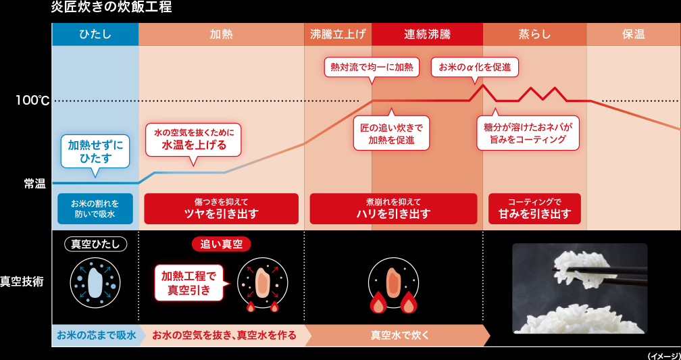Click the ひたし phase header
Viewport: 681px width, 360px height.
pyautogui.click(x=95, y=34)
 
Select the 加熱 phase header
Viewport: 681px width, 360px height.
pyautogui.click(x=221, y=34)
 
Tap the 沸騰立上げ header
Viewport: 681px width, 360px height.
pyautogui.click(x=338, y=34)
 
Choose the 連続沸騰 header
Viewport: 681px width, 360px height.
pyautogui.click(x=427, y=34)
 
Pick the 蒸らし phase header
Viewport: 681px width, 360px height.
pyautogui.click(x=534, y=34)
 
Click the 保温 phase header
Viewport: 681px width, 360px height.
pyautogui.click(x=633, y=34)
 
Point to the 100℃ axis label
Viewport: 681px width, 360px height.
pyautogui.click(x=33, y=101)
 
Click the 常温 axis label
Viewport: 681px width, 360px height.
pyautogui.click(x=34, y=183)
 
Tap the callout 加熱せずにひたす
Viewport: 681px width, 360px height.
pyautogui.click(x=95, y=151)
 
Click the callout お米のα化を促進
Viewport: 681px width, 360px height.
pyautogui.click(x=474, y=67)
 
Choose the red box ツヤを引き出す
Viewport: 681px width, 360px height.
pyautogui.click(x=221, y=209)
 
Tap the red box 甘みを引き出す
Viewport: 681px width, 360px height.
pyautogui.click(x=534, y=209)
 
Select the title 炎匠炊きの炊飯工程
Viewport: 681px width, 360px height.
pyautogui.click(x=111, y=8)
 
